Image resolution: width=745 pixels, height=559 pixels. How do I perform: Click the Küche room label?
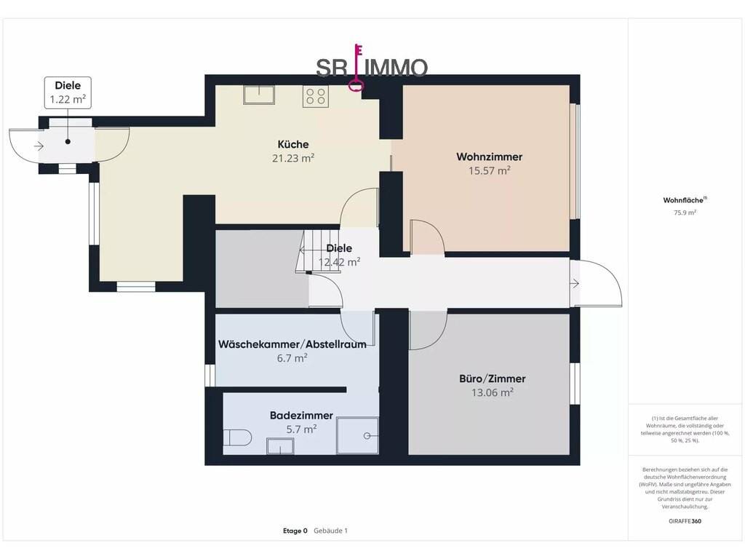[x=293, y=145]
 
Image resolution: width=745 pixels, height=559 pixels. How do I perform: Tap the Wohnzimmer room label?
[x=490, y=157]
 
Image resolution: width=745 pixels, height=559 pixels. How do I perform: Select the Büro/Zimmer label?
[x=493, y=378]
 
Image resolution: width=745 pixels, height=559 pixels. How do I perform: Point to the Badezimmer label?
[x=301, y=416]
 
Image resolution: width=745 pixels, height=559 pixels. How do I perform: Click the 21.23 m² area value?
[x=293, y=158]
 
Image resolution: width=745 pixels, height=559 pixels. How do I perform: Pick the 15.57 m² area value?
[x=490, y=170]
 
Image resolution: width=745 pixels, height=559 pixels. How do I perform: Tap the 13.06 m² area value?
[x=493, y=392]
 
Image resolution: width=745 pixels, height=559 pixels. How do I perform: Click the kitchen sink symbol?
[x=259, y=95]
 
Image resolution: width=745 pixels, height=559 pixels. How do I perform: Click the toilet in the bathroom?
[x=238, y=437]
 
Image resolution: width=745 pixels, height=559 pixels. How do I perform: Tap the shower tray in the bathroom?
[x=357, y=435]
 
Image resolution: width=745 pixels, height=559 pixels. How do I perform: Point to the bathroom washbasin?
[x=280, y=446]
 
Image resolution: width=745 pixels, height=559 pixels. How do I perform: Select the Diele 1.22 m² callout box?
[x=68, y=92]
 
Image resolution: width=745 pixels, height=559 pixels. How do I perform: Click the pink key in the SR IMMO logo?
[x=357, y=67]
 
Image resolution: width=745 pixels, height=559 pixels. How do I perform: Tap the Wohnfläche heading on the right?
[x=685, y=200]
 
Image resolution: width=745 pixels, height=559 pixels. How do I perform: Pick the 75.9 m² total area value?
[x=685, y=213]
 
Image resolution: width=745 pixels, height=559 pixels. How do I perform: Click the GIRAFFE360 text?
[x=685, y=521]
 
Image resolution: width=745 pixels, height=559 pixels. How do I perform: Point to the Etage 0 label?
[x=295, y=531]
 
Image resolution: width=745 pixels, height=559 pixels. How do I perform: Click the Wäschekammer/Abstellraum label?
[x=292, y=344]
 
